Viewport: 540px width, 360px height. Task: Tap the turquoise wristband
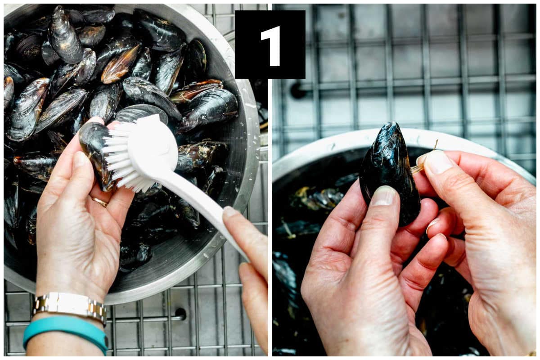(x=65, y=332)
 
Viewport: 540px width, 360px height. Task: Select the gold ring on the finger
(x=100, y=202)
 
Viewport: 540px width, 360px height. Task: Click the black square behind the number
(x=270, y=45)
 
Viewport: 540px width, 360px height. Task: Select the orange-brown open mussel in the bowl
(x=120, y=65)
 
